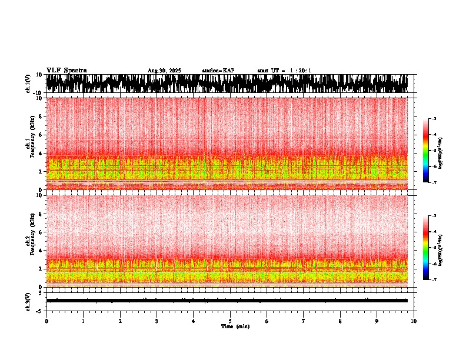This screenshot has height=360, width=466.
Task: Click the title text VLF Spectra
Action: [66, 70]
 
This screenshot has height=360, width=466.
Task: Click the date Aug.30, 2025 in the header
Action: [164, 71]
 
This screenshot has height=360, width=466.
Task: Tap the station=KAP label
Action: [218, 71]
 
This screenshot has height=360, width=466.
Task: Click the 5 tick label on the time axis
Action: [230, 321]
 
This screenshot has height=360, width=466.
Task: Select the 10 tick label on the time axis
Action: [414, 321]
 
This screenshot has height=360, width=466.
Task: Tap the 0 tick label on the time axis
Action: [46, 321]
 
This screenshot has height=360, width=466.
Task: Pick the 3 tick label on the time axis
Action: [157, 321]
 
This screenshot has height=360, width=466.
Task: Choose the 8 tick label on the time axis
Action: [340, 321]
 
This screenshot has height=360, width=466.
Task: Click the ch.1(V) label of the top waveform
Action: [28, 84]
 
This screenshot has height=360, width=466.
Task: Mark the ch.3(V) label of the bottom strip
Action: [28, 301]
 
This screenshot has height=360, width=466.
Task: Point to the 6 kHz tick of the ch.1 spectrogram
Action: [41, 135]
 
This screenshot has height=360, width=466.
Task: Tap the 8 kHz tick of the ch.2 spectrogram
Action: [41, 214]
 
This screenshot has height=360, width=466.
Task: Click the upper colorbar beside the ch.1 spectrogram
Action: [426, 151]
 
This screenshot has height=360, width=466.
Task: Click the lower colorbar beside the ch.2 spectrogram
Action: [426, 248]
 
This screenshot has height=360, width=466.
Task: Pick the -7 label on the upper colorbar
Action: [434, 182]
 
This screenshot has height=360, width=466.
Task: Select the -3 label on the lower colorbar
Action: [434, 216]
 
